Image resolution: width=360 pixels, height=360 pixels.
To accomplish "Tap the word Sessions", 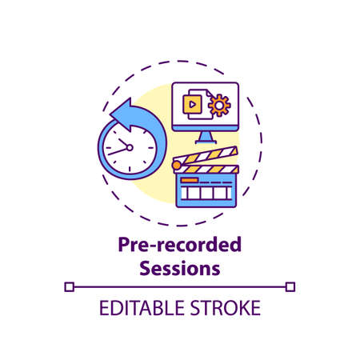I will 179,268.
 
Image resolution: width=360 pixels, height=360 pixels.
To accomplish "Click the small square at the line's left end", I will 70,286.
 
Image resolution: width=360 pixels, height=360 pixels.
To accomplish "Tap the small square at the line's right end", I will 290,286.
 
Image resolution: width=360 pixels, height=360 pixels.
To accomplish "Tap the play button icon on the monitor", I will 193,104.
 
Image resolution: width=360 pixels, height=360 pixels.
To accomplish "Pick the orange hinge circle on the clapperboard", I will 177,165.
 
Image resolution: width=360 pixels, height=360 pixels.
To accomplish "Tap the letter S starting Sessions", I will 146,268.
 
